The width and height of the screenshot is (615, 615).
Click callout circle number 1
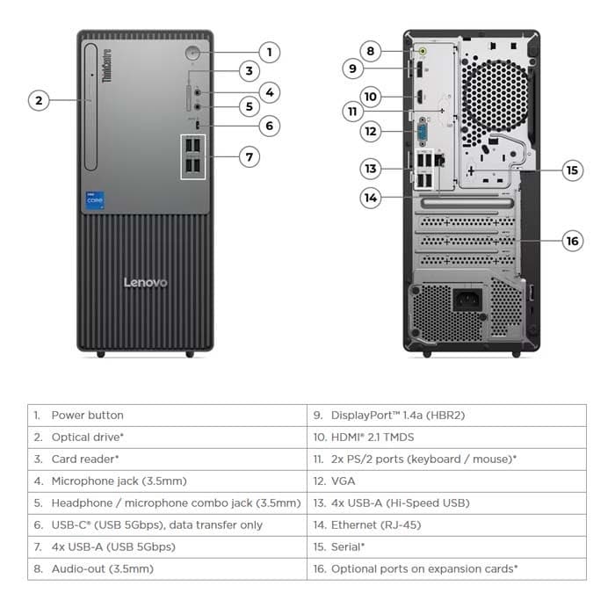pos(269,52)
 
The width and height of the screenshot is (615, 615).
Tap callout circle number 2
pos(38,100)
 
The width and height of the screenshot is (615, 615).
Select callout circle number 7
pos(250,157)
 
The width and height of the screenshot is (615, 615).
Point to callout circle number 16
pos(573,240)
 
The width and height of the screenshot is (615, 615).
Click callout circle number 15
pos(573,170)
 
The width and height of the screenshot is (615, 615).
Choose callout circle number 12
pos(371,132)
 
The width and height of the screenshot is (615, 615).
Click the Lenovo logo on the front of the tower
pos(145,283)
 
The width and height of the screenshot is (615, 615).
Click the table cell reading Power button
pos(87,415)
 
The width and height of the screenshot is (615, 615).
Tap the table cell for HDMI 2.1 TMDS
pos(372,437)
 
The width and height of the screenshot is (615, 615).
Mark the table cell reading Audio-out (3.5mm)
pos(102,568)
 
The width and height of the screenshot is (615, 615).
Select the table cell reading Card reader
pos(84,459)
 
